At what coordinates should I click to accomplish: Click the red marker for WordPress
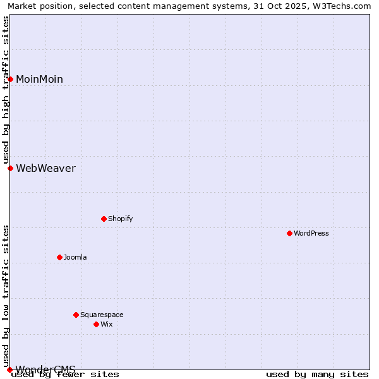290,233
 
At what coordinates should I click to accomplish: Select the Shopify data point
104,219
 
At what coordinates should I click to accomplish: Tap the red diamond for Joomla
60,257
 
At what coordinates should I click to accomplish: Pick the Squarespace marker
76,315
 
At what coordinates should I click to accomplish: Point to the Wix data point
97,324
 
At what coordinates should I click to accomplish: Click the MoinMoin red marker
11,79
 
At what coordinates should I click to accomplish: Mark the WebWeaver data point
11,168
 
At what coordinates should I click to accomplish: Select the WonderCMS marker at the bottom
10,370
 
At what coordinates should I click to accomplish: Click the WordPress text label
311,233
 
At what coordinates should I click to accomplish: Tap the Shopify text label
121,219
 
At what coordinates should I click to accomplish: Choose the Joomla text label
75,257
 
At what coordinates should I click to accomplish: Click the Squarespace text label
102,315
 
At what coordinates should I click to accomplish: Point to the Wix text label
107,324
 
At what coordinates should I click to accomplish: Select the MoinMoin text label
39,79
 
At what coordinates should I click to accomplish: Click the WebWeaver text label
45,168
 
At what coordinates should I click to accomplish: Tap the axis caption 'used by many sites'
317,375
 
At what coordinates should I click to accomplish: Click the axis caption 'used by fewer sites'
65,375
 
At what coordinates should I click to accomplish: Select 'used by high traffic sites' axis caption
6,90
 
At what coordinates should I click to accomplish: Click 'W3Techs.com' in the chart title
344,6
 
